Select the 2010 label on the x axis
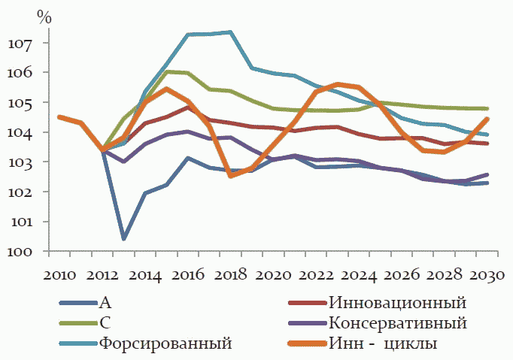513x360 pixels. click(x=59, y=273)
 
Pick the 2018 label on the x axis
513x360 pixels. click(x=230, y=273)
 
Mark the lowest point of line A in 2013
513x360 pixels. click(x=123, y=239)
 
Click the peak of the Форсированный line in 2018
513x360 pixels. click(x=230, y=32)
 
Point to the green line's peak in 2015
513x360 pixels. click(x=166, y=71)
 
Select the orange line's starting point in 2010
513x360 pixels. click(x=59, y=116)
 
